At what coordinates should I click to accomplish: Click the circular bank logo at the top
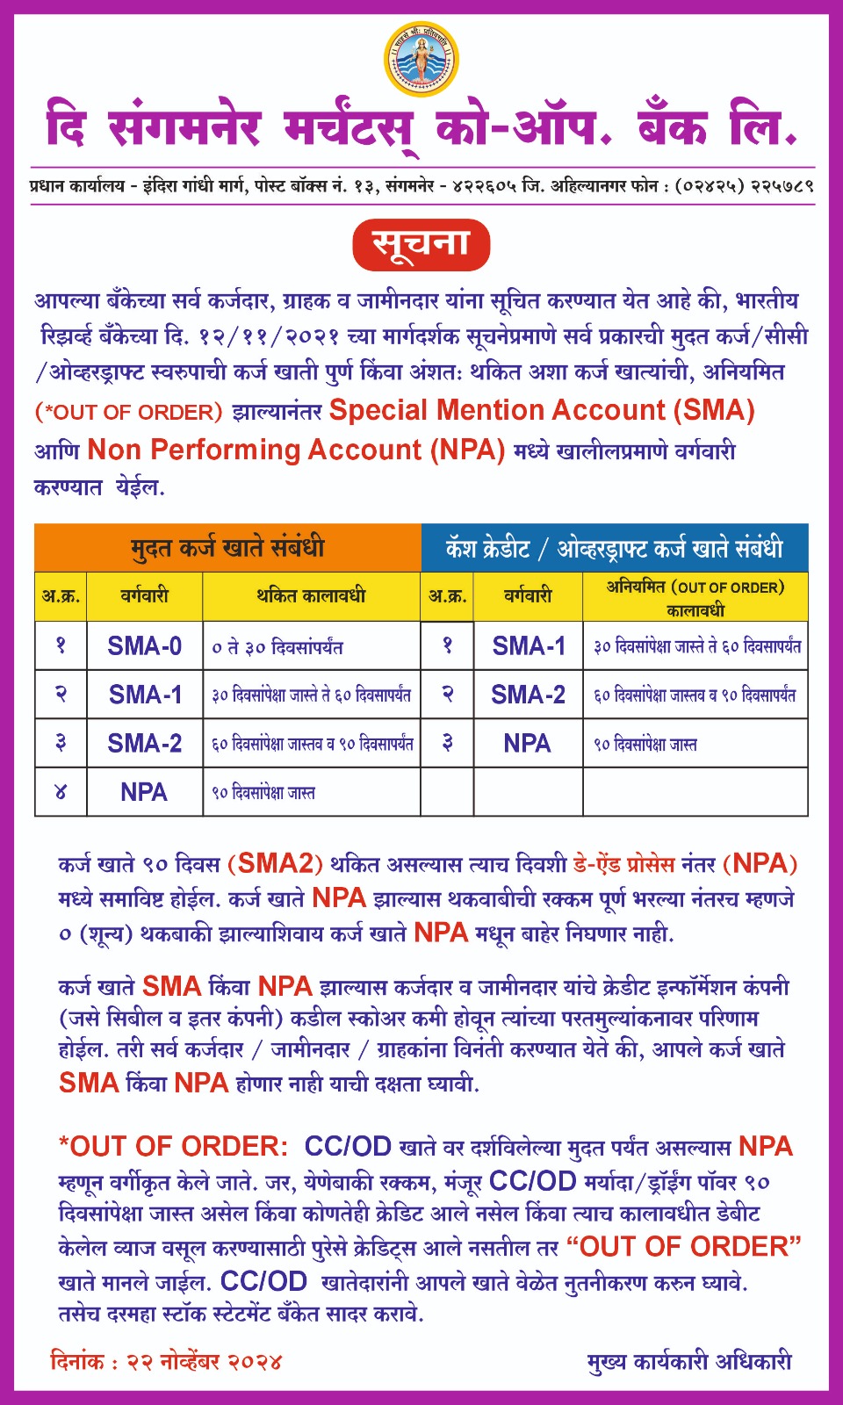click(x=421, y=59)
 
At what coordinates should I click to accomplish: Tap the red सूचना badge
click(x=421, y=245)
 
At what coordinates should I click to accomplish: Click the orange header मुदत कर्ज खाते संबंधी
click(x=227, y=548)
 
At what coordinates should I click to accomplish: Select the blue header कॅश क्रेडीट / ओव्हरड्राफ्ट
click(x=614, y=549)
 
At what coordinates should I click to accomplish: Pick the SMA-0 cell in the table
click(x=144, y=646)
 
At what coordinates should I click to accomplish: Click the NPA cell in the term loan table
click(x=144, y=792)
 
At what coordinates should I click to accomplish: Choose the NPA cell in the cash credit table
click(x=527, y=744)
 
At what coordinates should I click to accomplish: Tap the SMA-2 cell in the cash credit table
click(x=528, y=695)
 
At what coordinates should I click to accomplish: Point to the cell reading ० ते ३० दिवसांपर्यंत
click(x=277, y=647)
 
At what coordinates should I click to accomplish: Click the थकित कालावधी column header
click(x=311, y=596)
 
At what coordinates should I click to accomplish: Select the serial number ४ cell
click(x=61, y=792)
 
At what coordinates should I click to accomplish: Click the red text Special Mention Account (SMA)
click(x=542, y=410)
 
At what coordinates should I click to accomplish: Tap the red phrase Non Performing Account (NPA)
click(x=296, y=450)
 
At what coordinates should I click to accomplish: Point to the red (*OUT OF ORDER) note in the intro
click(x=128, y=412)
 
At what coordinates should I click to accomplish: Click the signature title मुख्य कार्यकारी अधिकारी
click(x=689, y=1362)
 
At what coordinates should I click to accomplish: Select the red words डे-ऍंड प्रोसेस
click(x=623, y=864)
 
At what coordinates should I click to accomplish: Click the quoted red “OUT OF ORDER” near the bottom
click(x=684, y=1246)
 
